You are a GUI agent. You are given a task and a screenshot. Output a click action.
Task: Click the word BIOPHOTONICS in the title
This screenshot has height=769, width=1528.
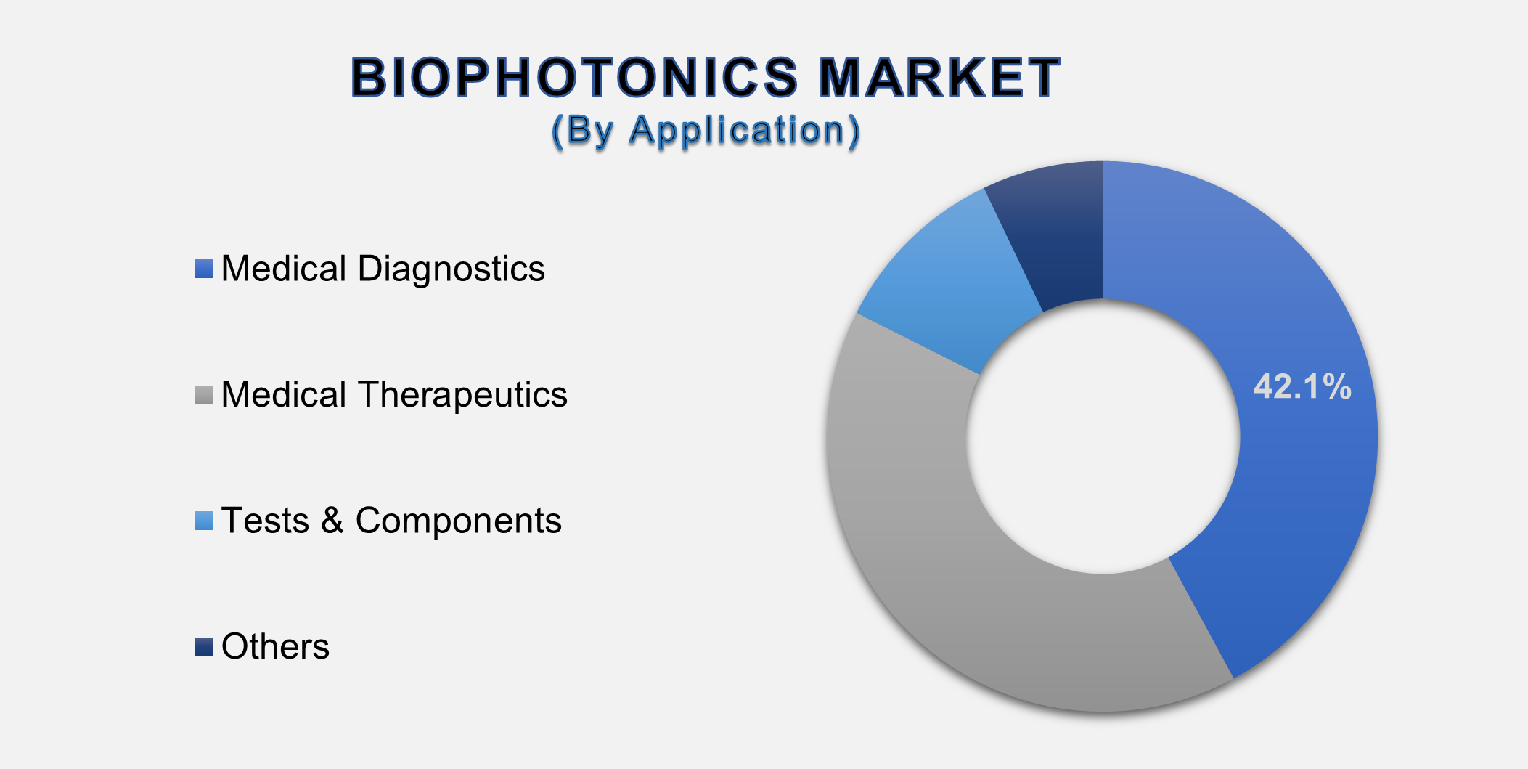click(573, 78)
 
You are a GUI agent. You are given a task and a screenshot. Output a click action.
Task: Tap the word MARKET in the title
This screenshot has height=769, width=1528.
click(939, 78)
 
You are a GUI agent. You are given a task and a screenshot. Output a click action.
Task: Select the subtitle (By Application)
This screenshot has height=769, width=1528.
click(706, 131)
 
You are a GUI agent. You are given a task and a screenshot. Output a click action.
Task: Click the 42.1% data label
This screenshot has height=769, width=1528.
click(1302, 386)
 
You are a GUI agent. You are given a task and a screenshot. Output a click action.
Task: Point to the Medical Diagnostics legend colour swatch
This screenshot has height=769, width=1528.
click(203, 269)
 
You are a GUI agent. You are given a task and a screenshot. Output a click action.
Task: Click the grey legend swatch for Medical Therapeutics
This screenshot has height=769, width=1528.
click(203, 395)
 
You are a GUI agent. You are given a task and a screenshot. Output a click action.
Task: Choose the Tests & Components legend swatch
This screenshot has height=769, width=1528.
click(203, 521)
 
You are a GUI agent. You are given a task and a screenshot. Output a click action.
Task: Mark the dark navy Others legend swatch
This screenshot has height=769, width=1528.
click(203, 646)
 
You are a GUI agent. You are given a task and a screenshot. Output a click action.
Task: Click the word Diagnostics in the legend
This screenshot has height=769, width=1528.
click(451, 269)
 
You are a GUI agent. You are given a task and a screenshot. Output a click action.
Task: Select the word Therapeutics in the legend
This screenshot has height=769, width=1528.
click(462, 395)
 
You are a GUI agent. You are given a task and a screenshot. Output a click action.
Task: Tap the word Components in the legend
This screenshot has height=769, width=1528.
click(458, 521)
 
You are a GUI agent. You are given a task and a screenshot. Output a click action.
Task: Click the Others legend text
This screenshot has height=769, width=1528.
click(275, 646)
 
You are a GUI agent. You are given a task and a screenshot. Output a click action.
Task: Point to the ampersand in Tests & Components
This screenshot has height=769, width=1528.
click(332, 521)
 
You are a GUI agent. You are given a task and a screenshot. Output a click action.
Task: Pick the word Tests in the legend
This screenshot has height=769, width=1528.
click(265, 521)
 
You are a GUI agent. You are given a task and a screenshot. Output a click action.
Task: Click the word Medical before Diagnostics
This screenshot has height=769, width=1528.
click(284, 269)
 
